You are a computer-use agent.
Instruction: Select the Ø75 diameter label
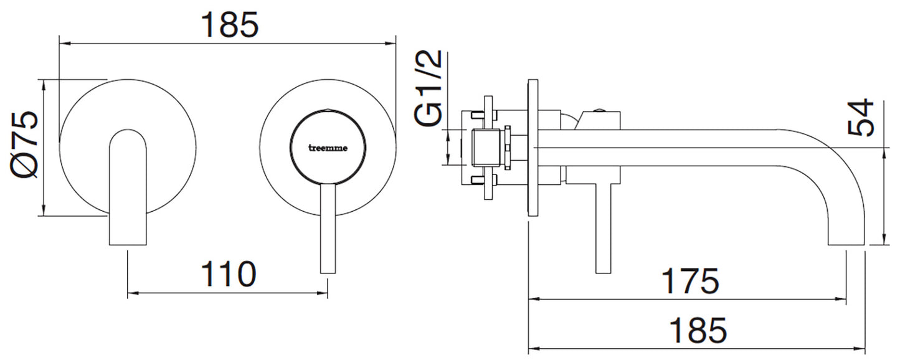coord(25,147)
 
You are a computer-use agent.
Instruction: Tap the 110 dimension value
coord(227,274)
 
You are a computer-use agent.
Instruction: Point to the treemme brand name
coord(329,148)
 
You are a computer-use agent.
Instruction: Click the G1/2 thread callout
coord(430,88)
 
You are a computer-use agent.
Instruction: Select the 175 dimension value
coord(689,281)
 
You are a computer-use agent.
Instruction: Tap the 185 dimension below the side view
coord(698,330)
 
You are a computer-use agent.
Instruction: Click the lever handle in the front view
coord(328,230)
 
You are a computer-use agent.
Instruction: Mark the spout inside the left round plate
coord(128,187)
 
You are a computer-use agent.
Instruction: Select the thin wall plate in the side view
coord(533,147)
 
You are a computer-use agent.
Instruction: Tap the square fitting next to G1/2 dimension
coord(488,148)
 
